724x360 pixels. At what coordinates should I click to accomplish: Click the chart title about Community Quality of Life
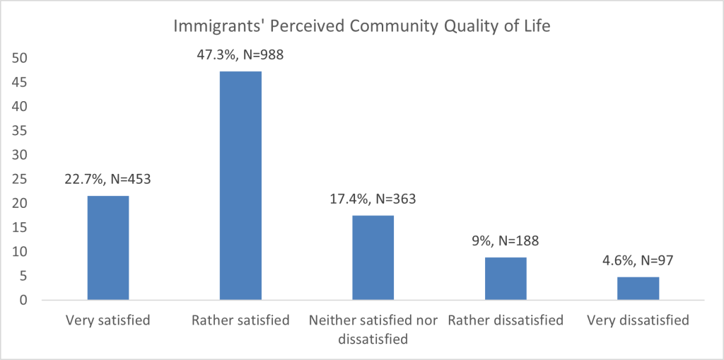click(x=362, y=28)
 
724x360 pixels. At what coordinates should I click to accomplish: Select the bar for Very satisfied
click(x=107, y=248)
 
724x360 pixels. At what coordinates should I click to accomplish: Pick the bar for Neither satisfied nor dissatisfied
click(x=373, y=257)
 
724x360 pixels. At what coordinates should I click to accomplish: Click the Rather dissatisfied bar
click(x=506, y=278)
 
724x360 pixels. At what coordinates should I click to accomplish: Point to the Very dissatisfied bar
click(x=638, y=289)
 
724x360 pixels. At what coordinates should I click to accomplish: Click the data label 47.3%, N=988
click(x=240, y=54)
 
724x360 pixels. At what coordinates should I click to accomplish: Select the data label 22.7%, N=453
click(x=107, y=178)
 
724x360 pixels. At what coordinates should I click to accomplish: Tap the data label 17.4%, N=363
click(x=373, y=199)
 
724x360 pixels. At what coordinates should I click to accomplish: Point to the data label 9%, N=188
click(x=506, y=240)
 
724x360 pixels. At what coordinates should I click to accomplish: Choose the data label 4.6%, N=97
click(x=638, y=260)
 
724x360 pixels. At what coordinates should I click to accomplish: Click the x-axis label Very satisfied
click(x=107, y=320)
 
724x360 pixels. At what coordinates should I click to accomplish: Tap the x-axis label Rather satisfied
click(x=240, y=320)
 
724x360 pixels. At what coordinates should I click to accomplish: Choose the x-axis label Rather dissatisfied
click(x=506, y=320)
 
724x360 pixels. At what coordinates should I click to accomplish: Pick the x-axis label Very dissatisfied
click(x=638, y=320)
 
